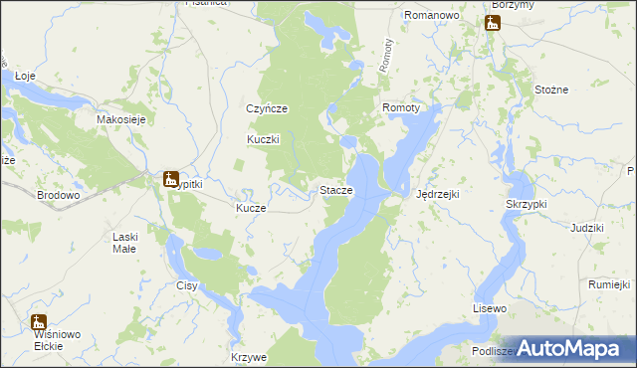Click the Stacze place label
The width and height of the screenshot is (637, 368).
coord(334,190)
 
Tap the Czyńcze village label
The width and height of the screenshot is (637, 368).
coord(267,109)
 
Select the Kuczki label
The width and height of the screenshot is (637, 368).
coord(264,140)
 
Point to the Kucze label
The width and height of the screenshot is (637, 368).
coord(250,209)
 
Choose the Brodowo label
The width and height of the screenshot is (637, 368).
coord(58,196)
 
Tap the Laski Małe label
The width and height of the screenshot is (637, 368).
coord(132,243)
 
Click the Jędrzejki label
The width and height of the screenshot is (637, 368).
coord(437,194)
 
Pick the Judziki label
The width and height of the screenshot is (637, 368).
coord(587,229)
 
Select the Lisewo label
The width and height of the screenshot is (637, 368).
coord(490,309)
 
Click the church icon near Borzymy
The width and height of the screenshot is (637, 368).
coord(493,22)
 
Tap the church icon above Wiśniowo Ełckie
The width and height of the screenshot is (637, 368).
coord(39,321)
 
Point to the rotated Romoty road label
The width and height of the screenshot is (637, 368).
coord(388,54)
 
